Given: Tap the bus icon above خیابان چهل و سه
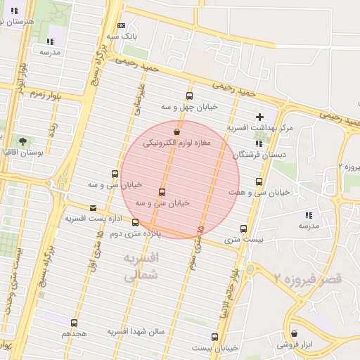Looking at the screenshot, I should [188, 96].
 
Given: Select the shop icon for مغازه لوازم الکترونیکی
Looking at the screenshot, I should [176, 131].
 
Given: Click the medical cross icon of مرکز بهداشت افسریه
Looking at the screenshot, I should [260, 116].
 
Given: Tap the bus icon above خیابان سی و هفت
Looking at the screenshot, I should [259, 181].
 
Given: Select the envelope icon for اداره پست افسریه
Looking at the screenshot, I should [94, 208].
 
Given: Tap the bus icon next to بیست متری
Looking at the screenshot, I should [243, 229].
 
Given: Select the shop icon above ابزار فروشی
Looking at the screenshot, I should [294, 334].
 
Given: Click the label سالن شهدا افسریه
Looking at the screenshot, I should [136, 330].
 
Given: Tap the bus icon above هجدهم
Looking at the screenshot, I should [74, 323].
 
